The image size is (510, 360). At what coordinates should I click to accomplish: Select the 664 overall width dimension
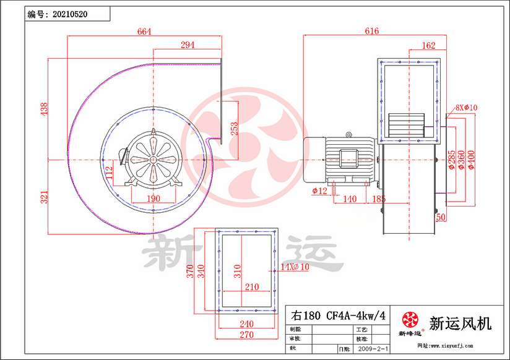click(x=144, y=32)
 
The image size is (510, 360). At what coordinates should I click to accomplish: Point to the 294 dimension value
click(x=188, y=45)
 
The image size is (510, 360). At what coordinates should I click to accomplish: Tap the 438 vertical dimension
click(x=44, y=109)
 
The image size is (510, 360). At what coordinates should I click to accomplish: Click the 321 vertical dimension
click(x=44, y=197)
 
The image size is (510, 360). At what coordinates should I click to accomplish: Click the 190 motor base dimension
click(x=153, y=199)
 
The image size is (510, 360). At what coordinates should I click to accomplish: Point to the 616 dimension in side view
click(x=371, y=31)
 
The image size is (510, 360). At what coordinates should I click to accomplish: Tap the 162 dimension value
click(x=428, y=45)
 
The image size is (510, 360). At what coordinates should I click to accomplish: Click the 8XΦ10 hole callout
click(x=466, y=108)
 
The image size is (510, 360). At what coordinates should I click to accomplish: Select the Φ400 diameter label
click(x=472, y=159)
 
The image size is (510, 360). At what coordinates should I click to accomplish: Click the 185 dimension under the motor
click(x=379, y=199)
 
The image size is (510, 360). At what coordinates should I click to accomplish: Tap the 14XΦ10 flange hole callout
click(x=294, y=267)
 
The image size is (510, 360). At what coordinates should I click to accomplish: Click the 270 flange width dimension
click(x=246, y=335)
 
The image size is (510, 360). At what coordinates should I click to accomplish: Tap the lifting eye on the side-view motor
click(x=349, y=134)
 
